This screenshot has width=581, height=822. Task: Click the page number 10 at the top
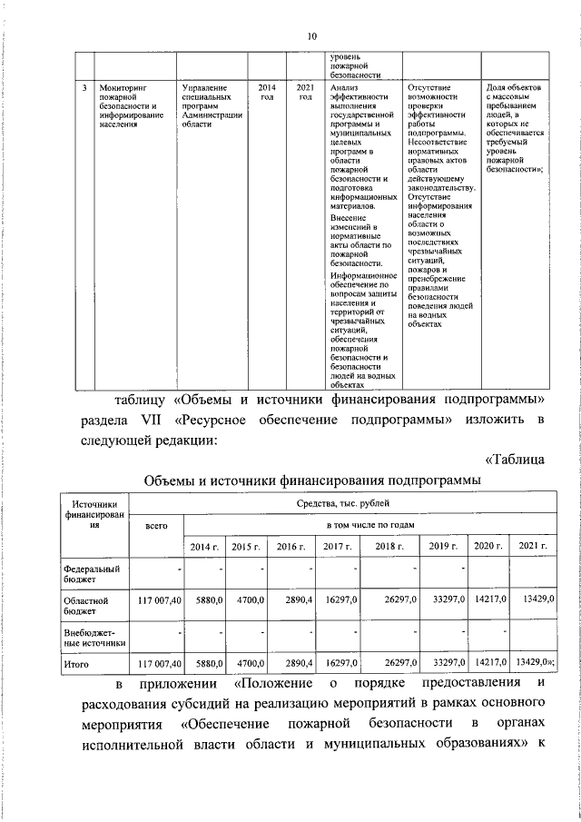[310, 36]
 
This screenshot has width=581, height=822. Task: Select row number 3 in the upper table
[84, 89]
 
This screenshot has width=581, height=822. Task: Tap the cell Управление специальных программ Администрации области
[211, 106]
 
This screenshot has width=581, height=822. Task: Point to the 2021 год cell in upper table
[305, 93]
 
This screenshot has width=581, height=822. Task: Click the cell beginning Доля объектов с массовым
[516, 127]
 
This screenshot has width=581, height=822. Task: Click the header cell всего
[156, 525]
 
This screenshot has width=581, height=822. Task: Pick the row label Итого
[75, 667]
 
